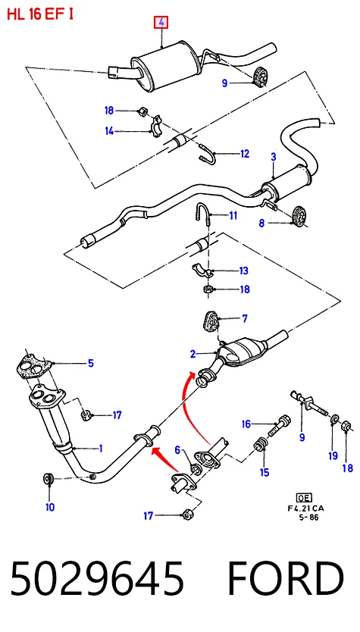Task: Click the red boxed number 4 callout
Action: pyautogui.click(x=161, y=23)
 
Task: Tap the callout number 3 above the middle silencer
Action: pyautogui.click(x=274, y=157)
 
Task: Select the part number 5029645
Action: pyautogui.click(x=97, y=578)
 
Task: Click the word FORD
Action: pyautogui.click(x=286, y=578)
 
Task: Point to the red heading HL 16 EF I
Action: pyautogui.click(x=40, y=14)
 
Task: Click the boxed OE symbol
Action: pyautogui.click(x=304, y=498)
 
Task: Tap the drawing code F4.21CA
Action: pyautogui.click(x=305, y=508)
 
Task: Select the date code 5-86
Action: pyautogui.click(x=308, y=517)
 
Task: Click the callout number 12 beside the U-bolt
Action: pyautogui.click(x=245, y=154)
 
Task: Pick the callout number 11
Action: pyautogui.click(x=233, y=216)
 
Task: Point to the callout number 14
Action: pyautogui.click(x=110, y=131)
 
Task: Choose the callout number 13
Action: pyautogui.click(x=243, y=271)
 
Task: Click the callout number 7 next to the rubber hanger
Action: pyautogui.click(x=245, y=319)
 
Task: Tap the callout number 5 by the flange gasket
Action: pyautogui.click(x=91, y=363)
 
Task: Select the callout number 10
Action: pyautogui.click(x=49, y=507)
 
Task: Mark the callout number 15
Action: pyautogui.click(x=265, y=472)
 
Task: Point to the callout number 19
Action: pyautogui.click(x=333, y=456)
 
